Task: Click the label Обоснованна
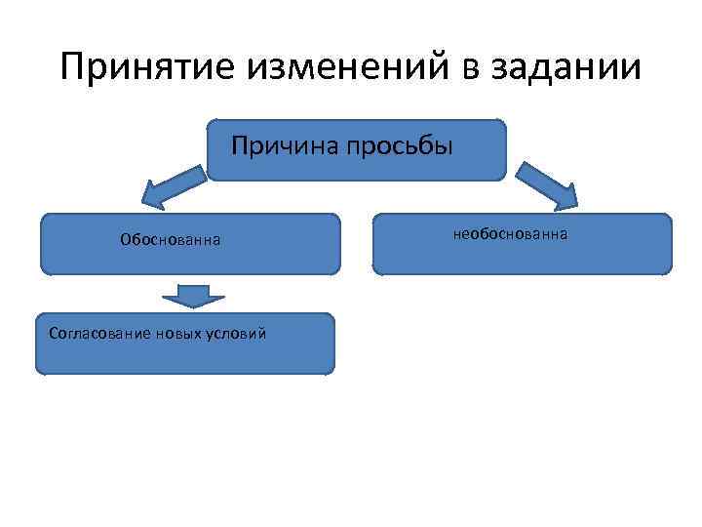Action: [170, 239]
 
